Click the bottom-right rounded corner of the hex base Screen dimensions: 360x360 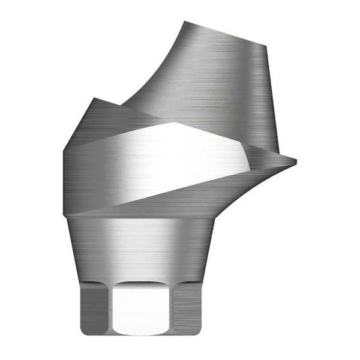[203, 329]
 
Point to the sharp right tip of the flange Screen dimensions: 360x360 [296, 160]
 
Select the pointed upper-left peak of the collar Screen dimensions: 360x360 [91, 98]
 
